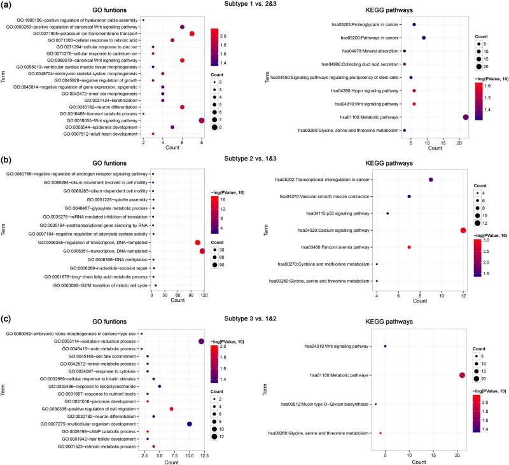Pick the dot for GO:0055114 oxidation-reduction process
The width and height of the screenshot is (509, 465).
(202, 341)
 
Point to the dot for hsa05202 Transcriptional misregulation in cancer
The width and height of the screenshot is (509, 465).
(431, 180)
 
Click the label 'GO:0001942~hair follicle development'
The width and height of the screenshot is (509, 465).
(100, 439)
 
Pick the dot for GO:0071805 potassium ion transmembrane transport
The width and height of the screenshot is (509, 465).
(192, 34)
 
